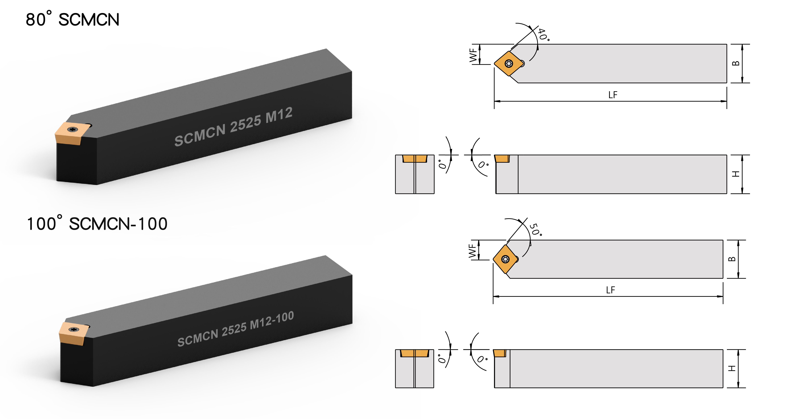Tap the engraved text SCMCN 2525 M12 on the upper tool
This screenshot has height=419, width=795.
click(x=233, y=126)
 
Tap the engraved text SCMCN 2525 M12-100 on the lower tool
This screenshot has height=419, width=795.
click(x=235, y=329)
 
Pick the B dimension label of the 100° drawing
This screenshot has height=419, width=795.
click(x=732, y=259)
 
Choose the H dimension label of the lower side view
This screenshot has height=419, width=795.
click(x=732, y=368)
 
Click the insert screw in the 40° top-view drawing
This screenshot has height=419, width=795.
click(x=509, y=64)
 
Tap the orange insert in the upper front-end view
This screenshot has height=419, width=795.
click(x=415, y=159)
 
